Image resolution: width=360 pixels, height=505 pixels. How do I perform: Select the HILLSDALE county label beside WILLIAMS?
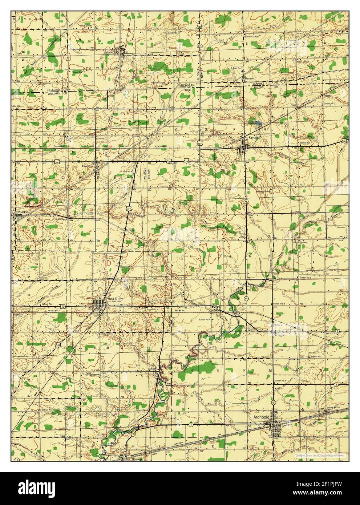click(x=54, y=89)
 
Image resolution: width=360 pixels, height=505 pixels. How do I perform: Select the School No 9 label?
click(x=280, y=380)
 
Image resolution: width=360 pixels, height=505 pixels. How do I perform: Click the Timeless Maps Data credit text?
click(x=320, y=455)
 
